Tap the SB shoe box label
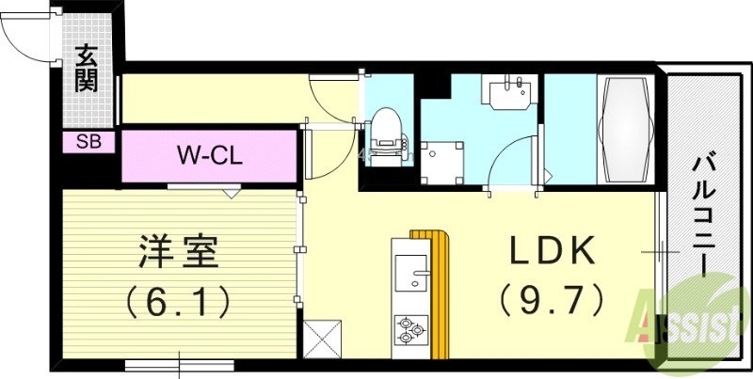89,143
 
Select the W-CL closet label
211,154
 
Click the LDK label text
553,252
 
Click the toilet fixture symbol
385,132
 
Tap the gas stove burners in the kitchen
409,330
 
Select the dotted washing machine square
441,163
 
